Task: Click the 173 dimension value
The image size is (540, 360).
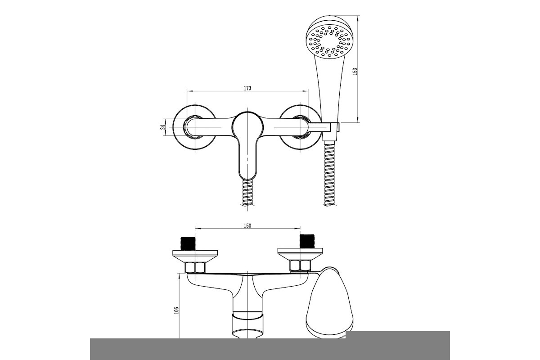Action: [x=247, y=88]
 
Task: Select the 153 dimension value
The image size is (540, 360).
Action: [x=355, y=72]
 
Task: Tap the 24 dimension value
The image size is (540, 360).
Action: [x=163, y=127]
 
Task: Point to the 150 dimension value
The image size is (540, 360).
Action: [x=247, y=226]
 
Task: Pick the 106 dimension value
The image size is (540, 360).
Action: [x=176, y=310]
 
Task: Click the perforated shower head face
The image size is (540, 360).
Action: [x=329, y=41]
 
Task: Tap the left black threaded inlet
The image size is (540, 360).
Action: [x=188, y=244]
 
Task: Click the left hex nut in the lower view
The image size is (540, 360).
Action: [x=195, y=268]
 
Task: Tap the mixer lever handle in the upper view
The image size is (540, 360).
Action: [x=247, y=145]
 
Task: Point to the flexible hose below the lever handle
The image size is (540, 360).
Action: [x=247, y=193]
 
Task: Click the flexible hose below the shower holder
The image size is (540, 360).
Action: [x=329, y=173]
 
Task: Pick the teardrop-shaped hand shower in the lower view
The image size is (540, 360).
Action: [x=330, y=302]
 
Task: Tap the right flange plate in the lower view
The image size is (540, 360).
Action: [x=300, y=254]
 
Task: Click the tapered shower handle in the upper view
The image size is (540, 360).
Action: [x=329, y=89]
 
